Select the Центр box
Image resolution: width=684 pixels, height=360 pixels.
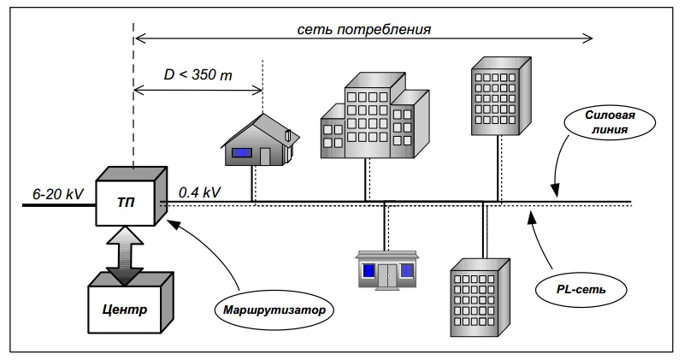pyautogui.click(x=130, y=307)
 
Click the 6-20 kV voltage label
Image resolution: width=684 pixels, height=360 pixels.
pyautogui.click(x=53, y=193)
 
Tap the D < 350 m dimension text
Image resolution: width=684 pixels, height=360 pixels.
pyautogui.click(x=198, y=75)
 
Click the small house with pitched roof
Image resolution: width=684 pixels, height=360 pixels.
pyautogui.click(x=259, y=139)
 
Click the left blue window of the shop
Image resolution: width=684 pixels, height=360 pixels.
pyautogui.click(x=368, y=271)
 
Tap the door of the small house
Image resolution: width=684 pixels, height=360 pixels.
pyautogui.click(x=265, y=156)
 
